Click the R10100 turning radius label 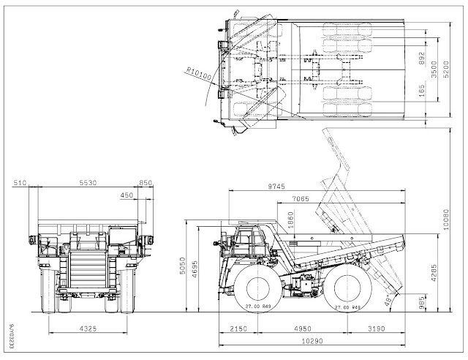[x=198, y=72]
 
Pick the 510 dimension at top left [x=19, y=183]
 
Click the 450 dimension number [x=127, y=195]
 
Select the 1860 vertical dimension [x=290, y=220]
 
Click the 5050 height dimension [x=193, y=271]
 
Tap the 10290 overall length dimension [x=304, y=341]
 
